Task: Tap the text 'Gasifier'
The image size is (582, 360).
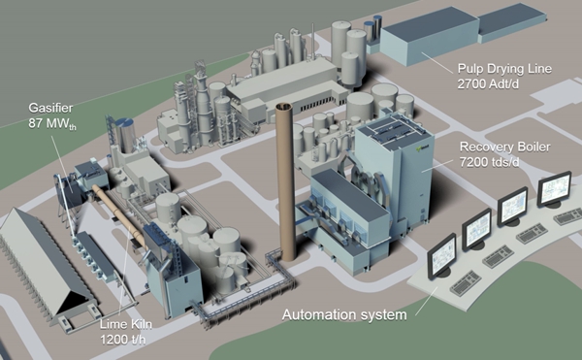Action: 48,109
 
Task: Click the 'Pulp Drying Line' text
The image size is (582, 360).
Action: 505,70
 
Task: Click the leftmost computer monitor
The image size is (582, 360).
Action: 442,254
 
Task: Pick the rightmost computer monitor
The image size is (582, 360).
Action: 554,187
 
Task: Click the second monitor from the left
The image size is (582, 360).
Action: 477,229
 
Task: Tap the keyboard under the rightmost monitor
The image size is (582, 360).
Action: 566,215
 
